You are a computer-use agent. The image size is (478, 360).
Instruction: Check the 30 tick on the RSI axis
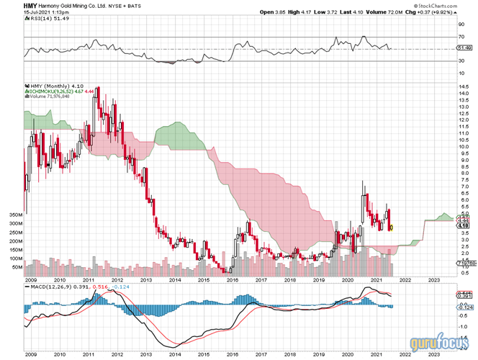pyautogui.click(x=461, y=61)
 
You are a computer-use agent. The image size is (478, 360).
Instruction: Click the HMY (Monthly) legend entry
pyautogui.click(x=49, y=85)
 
